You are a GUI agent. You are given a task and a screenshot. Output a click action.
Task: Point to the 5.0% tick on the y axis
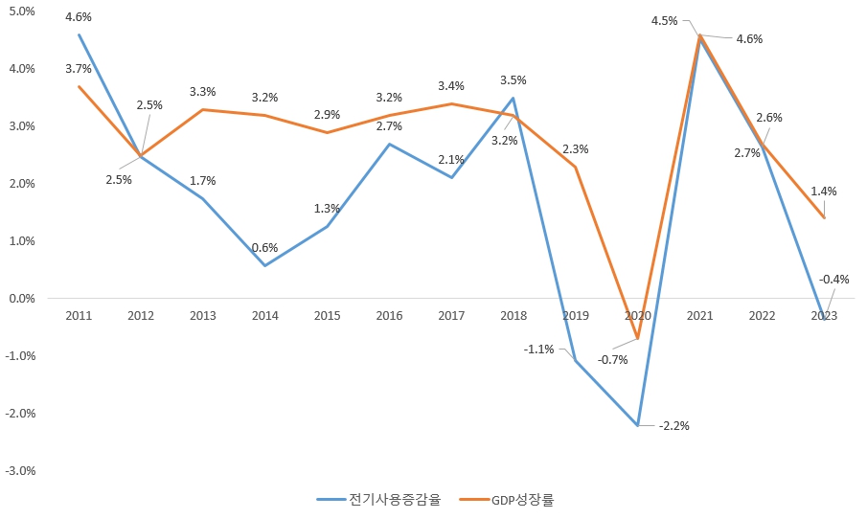pos(22,11)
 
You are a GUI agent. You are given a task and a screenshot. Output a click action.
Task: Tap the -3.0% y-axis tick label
pos(20,471)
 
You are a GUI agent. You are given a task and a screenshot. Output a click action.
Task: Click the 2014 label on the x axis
pos(264,316)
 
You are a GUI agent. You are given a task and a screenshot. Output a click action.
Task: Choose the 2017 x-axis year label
pos(451,316)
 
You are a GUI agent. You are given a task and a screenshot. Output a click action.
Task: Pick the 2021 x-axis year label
pos(699,316)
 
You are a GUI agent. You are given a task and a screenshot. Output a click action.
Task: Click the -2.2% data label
pos(674,425)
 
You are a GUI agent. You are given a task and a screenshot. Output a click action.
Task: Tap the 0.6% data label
pos(264,248)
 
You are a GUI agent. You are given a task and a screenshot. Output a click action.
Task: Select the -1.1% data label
pos(538,350)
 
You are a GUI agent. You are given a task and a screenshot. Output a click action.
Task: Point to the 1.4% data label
pos(823,192)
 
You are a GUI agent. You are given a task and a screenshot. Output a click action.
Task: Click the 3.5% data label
pos(513,80)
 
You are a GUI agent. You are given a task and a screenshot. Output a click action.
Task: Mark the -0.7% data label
pos(612,360)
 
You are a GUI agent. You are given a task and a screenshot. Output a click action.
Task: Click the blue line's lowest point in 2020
pos(638,425)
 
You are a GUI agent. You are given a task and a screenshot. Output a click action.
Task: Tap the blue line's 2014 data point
pos(264,265)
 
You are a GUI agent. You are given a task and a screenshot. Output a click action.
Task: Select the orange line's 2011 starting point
pos(79,86)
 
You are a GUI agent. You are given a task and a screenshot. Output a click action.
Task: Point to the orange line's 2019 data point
pos(576,167)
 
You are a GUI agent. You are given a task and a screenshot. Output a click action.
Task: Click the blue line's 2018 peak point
pos(513,98)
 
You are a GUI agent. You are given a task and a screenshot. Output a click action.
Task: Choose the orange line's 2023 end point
pos(824,218)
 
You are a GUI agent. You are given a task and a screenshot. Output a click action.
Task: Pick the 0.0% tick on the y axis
pos(22,299)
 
